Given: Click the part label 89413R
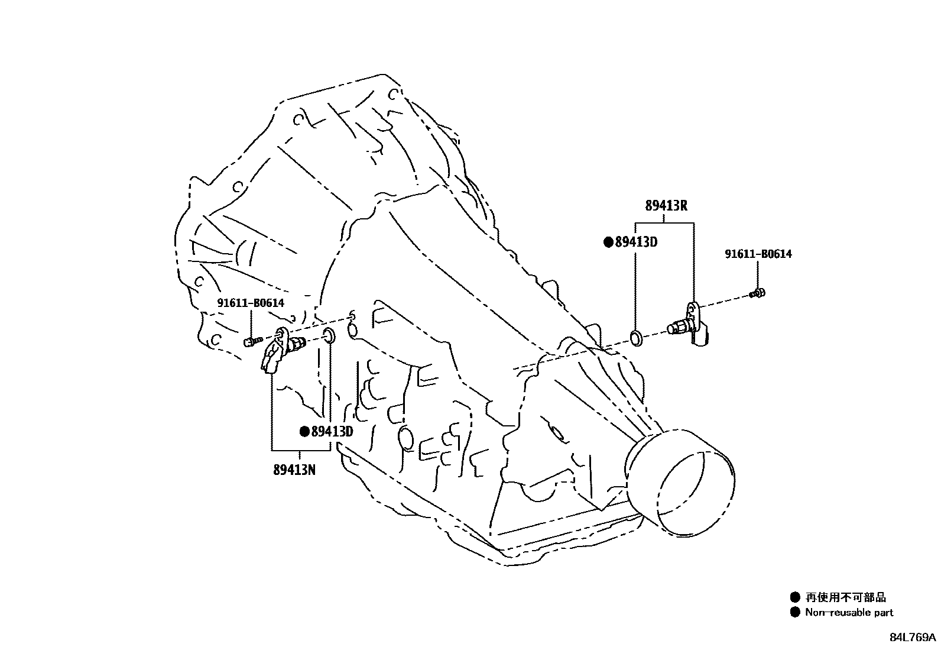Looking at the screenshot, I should [666, 206].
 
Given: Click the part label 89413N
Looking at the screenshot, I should [294, 470].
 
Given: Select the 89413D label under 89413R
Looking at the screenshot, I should [636, 242].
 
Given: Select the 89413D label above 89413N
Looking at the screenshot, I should [332, 432].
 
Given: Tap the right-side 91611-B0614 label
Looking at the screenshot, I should [758, 254].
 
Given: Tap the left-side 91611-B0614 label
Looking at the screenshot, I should [251, 303].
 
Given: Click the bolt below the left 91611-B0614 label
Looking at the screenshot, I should [252, 341].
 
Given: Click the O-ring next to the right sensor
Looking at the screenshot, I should [636, 338].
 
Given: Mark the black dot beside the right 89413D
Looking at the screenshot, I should [608, 242].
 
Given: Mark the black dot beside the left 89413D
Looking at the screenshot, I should [304, 432].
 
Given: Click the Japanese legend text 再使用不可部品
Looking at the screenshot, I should [846, 597].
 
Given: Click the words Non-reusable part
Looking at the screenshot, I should [849, 613].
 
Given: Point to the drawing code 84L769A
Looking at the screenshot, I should [913, 637].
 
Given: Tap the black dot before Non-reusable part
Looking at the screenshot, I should [795, 613].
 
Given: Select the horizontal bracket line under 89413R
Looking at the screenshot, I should [664, 223].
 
